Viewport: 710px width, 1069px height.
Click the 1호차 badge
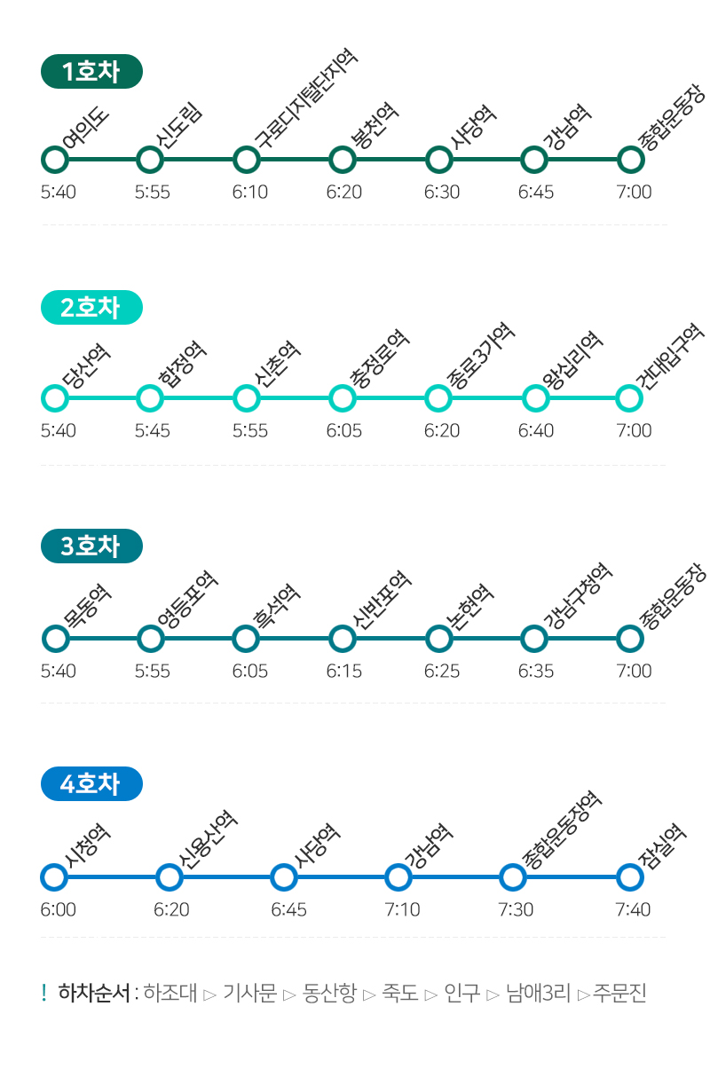[x=91, y=72]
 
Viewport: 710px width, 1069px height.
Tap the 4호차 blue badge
[x=91, y=784]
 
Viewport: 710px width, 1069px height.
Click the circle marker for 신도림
[x=151, y=161]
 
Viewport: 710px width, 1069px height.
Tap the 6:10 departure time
[x=250, y=192]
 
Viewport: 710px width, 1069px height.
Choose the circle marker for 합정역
[x=151, y=398]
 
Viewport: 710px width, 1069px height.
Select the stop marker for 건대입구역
[x=629, y=398]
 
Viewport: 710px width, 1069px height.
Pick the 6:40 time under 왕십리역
[x=536, y=430]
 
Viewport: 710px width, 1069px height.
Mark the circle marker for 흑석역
[x=246, y=638]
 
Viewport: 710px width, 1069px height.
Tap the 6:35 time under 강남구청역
[x=536, y=671]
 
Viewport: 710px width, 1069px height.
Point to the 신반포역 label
[x=382, y=598]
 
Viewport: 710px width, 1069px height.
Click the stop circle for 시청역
[x=55, y=877]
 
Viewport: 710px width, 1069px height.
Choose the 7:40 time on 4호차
[x=634, y=909]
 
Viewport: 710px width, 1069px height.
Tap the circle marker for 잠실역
[x=629, y=877]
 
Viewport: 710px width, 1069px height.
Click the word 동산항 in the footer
[x=329, y=993]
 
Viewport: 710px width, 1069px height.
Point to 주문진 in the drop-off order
[x=620, y=993]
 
